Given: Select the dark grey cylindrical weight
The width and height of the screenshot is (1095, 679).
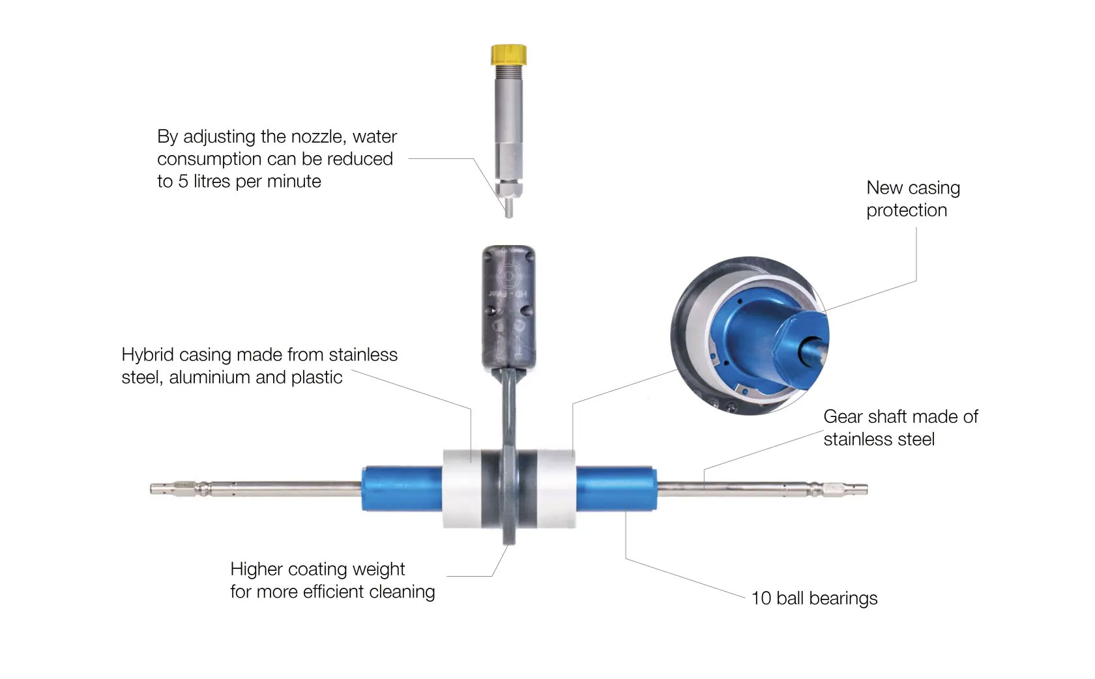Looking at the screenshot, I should tap(508, 306).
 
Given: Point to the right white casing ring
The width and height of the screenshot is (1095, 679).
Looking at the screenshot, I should tap(556, 489).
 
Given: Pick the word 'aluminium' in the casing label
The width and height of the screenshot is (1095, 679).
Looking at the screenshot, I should tap(210, 377).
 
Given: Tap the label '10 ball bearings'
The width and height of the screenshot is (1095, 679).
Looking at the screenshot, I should tap(814, 598).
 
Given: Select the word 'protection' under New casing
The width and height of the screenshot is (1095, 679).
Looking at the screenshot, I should tap(906, 210).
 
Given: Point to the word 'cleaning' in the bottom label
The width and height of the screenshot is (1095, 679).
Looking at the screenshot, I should tap(401, 592).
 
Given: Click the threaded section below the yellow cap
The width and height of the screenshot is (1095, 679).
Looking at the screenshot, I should tap(509, 75).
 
